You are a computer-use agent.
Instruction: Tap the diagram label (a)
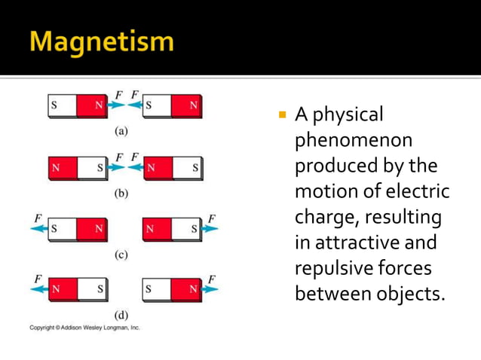[121, 130]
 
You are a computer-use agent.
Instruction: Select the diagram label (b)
[121, 193]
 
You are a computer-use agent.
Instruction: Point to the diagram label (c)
[121, 255]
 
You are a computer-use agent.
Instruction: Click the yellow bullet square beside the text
[283, 116]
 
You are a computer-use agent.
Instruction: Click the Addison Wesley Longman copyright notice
[84, 328]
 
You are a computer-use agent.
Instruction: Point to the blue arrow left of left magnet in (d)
[38, 289]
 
